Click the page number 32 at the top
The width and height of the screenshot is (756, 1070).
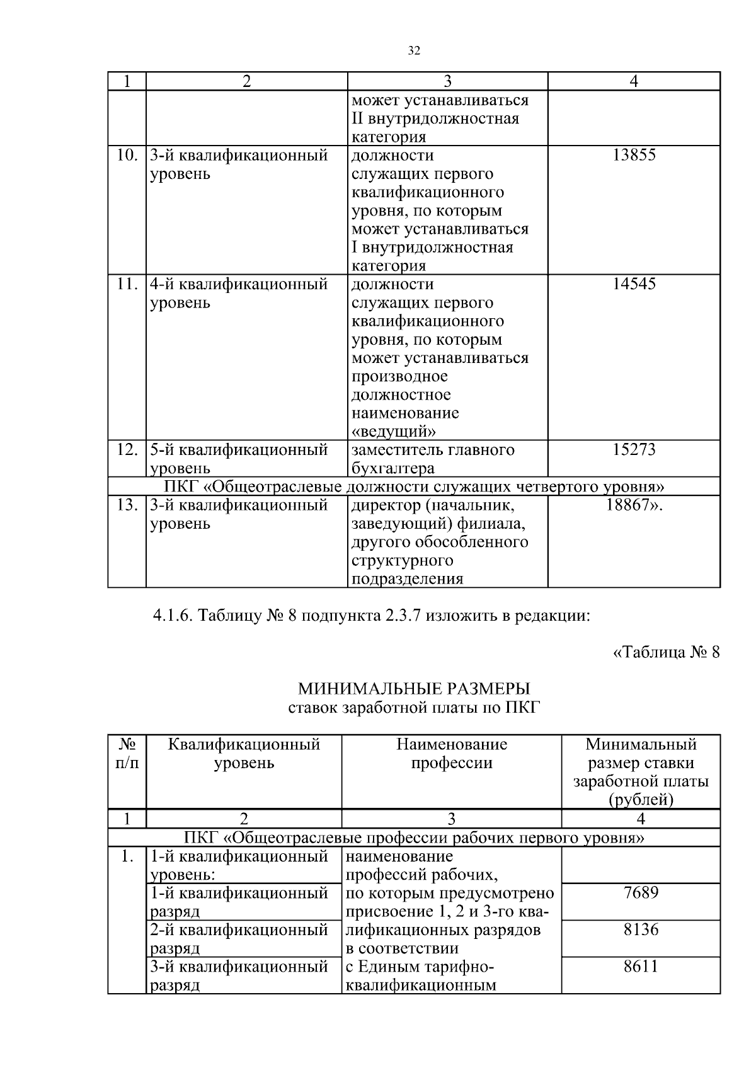pos(414,51)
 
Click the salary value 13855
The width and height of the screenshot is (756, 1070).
pos(634,155)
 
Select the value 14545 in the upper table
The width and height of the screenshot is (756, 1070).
pos(634,284)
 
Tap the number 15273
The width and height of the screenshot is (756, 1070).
pos(634,450)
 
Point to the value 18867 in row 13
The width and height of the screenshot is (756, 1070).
pos(630,505)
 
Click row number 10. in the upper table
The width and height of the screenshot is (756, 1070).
pos(127,155)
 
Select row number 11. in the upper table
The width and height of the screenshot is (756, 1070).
pos(127,284)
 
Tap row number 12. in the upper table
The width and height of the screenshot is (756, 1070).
pos(127,450)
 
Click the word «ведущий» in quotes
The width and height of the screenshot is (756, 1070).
pos(394,432)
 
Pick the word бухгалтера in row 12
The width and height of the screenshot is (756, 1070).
pos(393,468)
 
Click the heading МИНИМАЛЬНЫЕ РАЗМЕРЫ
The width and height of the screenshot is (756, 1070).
pos(414,688)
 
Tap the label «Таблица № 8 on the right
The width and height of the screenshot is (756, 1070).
pos(666,652)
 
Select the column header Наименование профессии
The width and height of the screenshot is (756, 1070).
pos(452,754)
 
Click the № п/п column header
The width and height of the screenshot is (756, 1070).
pos(127,754)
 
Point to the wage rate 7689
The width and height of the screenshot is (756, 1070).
pos(641,893)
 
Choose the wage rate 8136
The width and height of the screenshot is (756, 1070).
pos(641,929)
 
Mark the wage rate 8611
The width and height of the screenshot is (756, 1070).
pos(641,966)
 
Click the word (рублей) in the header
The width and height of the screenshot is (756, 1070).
pos(641,800)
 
